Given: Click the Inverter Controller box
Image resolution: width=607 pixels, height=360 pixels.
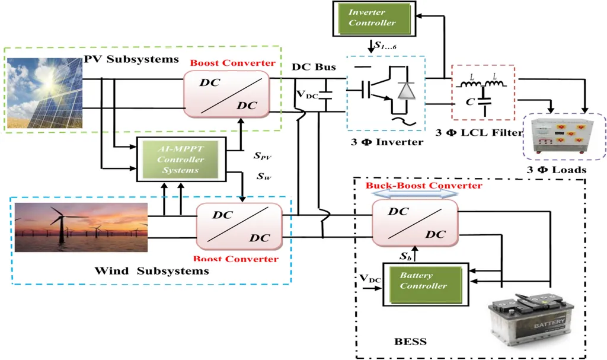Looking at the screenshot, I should (x=372, y=17).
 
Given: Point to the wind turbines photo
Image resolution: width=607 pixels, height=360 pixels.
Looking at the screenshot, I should (x=81, y=228).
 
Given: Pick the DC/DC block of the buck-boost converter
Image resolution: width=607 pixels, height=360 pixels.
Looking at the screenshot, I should (x=416, y=223).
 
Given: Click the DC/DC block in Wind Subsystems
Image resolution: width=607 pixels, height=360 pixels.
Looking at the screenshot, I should (x=240, y=226).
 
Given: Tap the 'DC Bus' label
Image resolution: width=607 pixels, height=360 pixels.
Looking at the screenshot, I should (x=314, y=67).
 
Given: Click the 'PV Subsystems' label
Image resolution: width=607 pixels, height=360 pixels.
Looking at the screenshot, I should (x=131, y=59).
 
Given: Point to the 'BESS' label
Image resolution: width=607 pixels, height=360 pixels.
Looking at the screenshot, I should (x=410, y=342).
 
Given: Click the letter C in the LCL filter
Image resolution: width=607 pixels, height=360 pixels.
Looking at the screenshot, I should (x=469, y=101).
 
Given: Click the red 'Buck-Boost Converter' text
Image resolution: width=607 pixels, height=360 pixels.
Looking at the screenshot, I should (x=423, y=185).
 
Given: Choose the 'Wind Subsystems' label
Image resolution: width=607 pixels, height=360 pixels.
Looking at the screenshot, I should (x=152, y=271).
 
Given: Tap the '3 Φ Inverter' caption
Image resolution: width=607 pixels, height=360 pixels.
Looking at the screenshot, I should (x=385, y=142).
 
